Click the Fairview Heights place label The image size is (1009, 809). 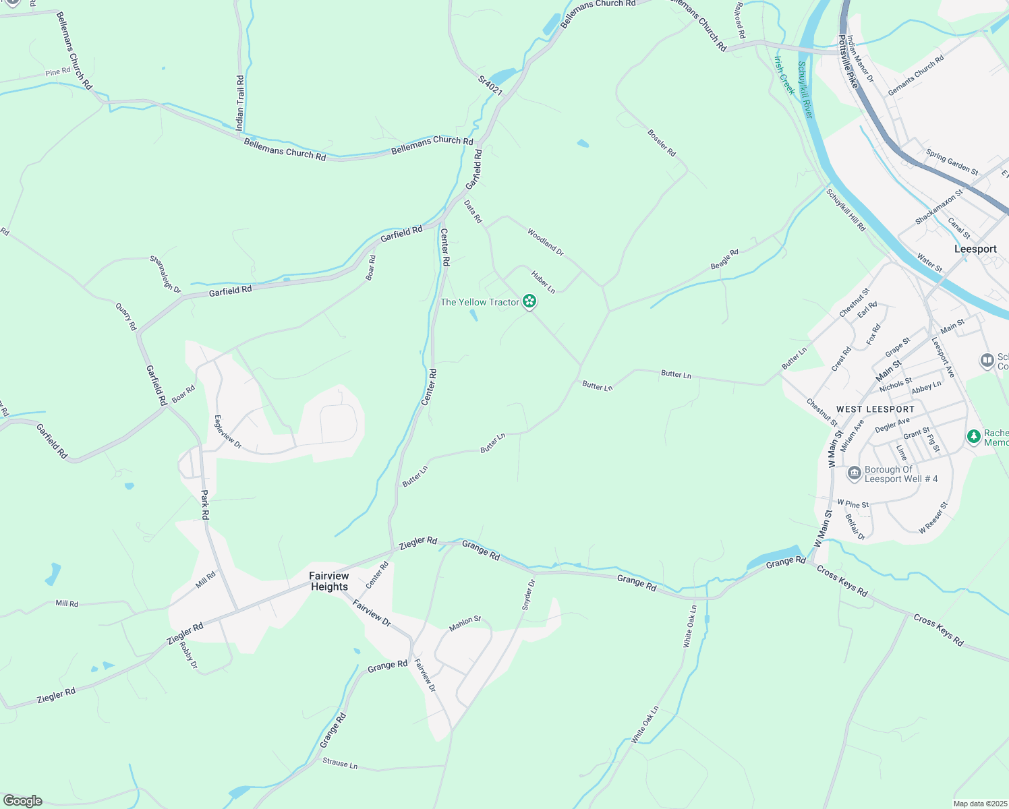(x=329, y=581)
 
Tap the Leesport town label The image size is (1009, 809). (x=975, y=249)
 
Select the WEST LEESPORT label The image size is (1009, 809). (x=875, y=409)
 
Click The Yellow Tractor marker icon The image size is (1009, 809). (x=530, y=301)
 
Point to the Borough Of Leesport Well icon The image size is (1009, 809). (x=855, y=474)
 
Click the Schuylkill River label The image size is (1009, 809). (x=805, y=90)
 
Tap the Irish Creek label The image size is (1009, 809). (x=784, y=76)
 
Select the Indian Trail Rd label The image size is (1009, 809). (x=240, y=102)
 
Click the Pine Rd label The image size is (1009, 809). (x=58, y=72)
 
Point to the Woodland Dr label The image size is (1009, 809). (x=545, y=242)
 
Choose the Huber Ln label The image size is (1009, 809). (x=543, y=282)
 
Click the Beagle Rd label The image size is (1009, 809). (x=724, y=260)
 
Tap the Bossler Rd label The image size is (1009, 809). (x=662, y=143)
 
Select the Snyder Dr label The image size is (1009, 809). (x=528, y=595)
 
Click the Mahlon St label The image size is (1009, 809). (x=465, y=624)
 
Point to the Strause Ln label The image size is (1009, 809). (x=340, y=763)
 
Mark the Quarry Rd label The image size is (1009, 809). (x=126, y=316)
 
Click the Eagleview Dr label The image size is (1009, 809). (x=227, y=432)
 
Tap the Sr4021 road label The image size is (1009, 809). (x=490, y=86)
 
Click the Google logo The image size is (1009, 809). (x=23, y=800)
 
